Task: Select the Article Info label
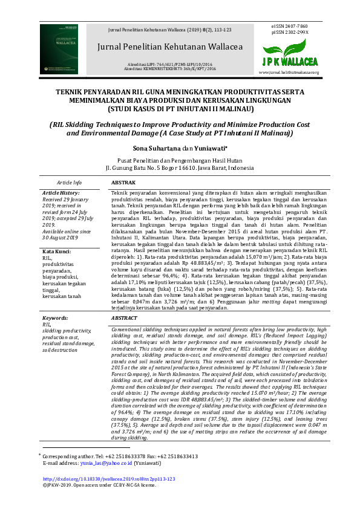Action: click(70, 182)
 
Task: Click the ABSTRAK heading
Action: click(124, 182)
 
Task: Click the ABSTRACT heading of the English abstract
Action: click(125, 317)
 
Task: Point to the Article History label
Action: click(60, 192)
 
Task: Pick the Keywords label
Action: click(55, 317)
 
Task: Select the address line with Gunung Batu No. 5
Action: click(180, 167)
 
